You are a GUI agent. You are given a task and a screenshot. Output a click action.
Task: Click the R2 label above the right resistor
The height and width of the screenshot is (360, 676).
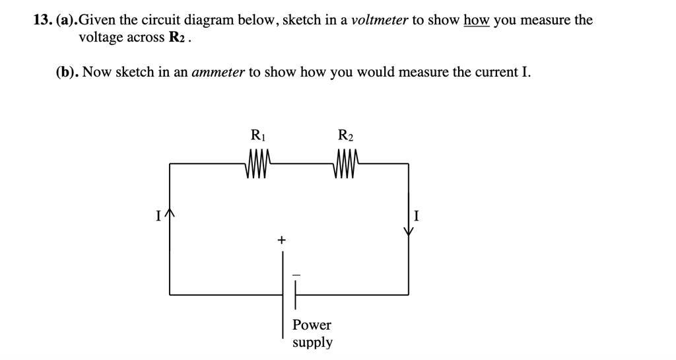[345, 136]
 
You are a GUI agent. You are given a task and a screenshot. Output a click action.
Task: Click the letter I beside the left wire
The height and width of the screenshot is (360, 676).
[158, 215]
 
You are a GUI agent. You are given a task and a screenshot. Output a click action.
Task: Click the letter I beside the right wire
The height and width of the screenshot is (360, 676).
[417, 215]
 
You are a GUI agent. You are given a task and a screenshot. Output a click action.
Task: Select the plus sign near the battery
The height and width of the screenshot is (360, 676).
[281, 240]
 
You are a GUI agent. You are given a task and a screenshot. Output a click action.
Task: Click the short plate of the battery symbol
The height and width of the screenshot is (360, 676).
[296, 294]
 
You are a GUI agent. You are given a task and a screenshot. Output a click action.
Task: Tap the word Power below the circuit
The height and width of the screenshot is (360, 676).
[312, 325]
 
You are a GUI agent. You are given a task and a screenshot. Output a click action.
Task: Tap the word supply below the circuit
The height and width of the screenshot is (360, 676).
[312, 343]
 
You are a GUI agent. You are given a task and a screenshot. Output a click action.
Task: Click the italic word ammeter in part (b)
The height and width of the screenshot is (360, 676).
[217, 72]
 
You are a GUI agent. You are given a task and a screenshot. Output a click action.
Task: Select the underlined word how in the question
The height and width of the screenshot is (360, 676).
[475, 20]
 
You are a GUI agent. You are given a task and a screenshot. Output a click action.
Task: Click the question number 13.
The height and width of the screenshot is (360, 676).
[43, 20]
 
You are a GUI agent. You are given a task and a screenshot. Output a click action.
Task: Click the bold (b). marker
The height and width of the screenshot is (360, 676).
[67, 72]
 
